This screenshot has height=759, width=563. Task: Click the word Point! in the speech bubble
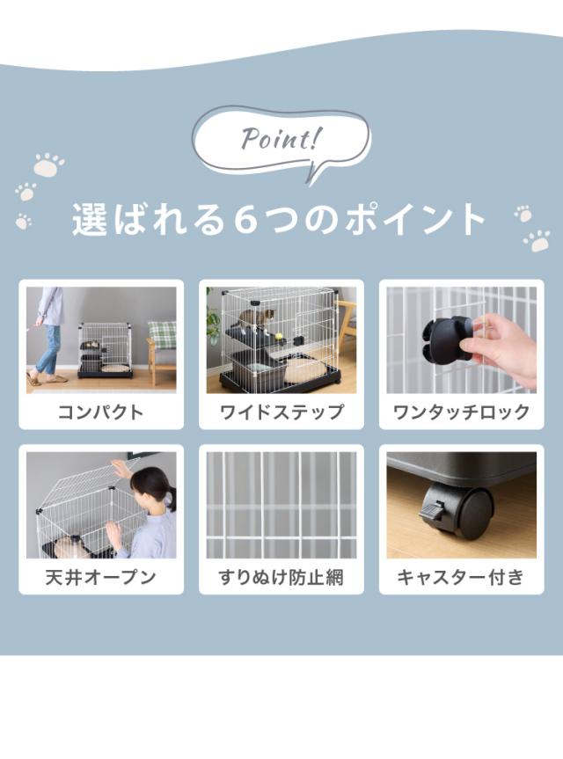point(281,139)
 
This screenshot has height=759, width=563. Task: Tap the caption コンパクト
point(100,412)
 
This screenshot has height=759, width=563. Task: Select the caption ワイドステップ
point(281,412)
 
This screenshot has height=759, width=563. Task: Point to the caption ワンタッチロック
point(461,412)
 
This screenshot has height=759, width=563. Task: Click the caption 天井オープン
point(100,577)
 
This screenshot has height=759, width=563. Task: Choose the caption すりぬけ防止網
point(281,577)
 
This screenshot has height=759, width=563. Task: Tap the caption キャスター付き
point(461,577)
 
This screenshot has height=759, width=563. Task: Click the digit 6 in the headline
point(247,220)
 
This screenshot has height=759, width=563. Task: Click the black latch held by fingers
point(445,339)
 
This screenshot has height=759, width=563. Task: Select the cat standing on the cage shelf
point(259,320)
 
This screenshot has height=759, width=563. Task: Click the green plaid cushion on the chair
point(162,334)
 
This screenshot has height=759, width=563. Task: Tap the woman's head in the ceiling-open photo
point(151,485)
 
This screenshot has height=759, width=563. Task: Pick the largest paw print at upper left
point(48,164)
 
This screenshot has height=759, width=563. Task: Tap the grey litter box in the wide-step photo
point(252,368)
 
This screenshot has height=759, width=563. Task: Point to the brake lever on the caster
point(432,510)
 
